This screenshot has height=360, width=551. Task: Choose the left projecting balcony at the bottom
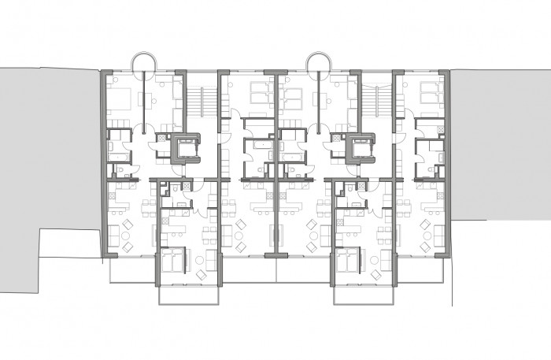189,295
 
